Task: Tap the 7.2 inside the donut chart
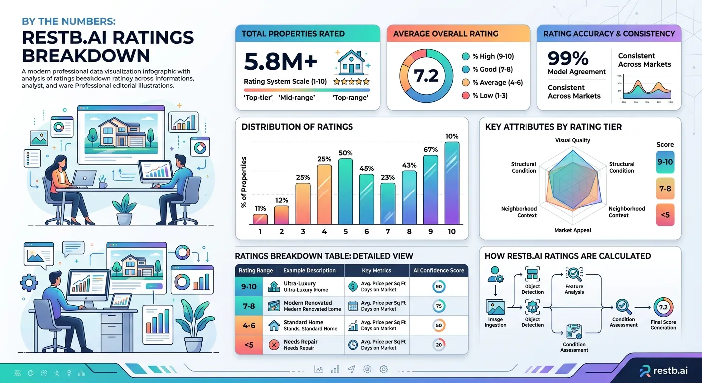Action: coord(427,76)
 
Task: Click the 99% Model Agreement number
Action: coord(568,59)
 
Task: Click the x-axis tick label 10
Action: coord(452,231)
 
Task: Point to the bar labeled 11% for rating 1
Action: coord(260,219)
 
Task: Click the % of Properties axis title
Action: coord(244,182)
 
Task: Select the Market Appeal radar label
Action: coord(572,230)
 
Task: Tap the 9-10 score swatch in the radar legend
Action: coord(665,162)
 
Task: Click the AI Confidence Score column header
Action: coord(439,270)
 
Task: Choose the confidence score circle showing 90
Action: coord(439,286)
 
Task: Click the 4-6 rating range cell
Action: coord(249,325)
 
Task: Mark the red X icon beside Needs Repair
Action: coord(274,345)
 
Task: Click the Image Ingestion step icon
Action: coord(495,307)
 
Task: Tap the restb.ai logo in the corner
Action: coord(665,370)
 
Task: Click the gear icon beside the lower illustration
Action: coord(30,283)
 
